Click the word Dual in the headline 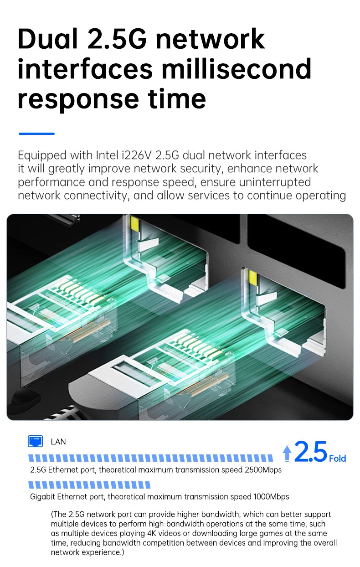[x=47, y=39]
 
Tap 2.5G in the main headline [x=117, y=39]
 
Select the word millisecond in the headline [x=237, y=68]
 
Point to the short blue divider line [x=36, y=134]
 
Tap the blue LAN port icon [x=35, y=441]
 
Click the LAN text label [x=58, y=442]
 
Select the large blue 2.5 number [x=311, y=451]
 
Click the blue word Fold [x=338, y=459]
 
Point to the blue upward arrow [x=287, y=453]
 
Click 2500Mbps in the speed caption [x=263, y=470]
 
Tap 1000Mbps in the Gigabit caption [x=271, y=497]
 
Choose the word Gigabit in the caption [x=42, y=497]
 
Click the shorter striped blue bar [x=89, y=485]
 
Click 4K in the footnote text [x=151, y=533]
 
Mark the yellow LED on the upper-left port [x=134, y=223]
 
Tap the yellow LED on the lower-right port [x=253, y=278]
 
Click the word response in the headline [x=78, y=99]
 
